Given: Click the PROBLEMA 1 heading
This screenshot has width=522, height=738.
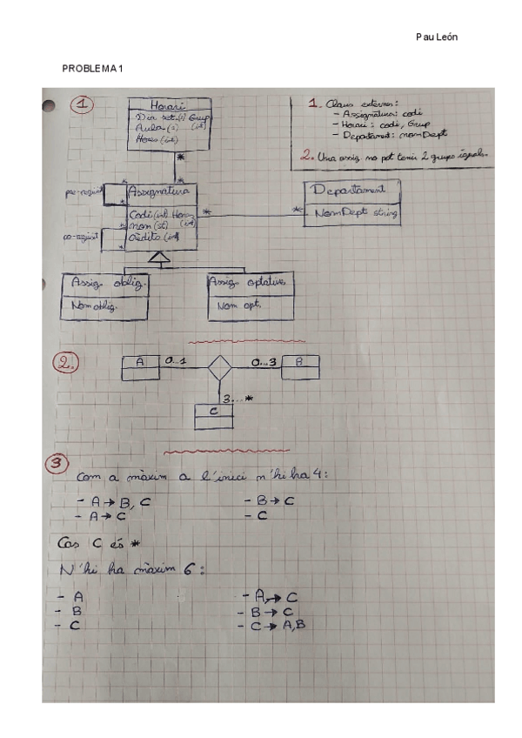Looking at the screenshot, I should (91, 69).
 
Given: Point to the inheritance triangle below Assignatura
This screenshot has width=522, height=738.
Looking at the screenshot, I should (157, 257).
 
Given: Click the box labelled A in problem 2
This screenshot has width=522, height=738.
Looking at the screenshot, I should (140, 366).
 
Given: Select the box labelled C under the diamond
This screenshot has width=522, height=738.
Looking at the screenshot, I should (213, 416).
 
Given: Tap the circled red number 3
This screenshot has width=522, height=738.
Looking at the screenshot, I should (57, 464).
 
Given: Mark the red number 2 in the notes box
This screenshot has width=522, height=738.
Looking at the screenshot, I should (305, 157).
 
